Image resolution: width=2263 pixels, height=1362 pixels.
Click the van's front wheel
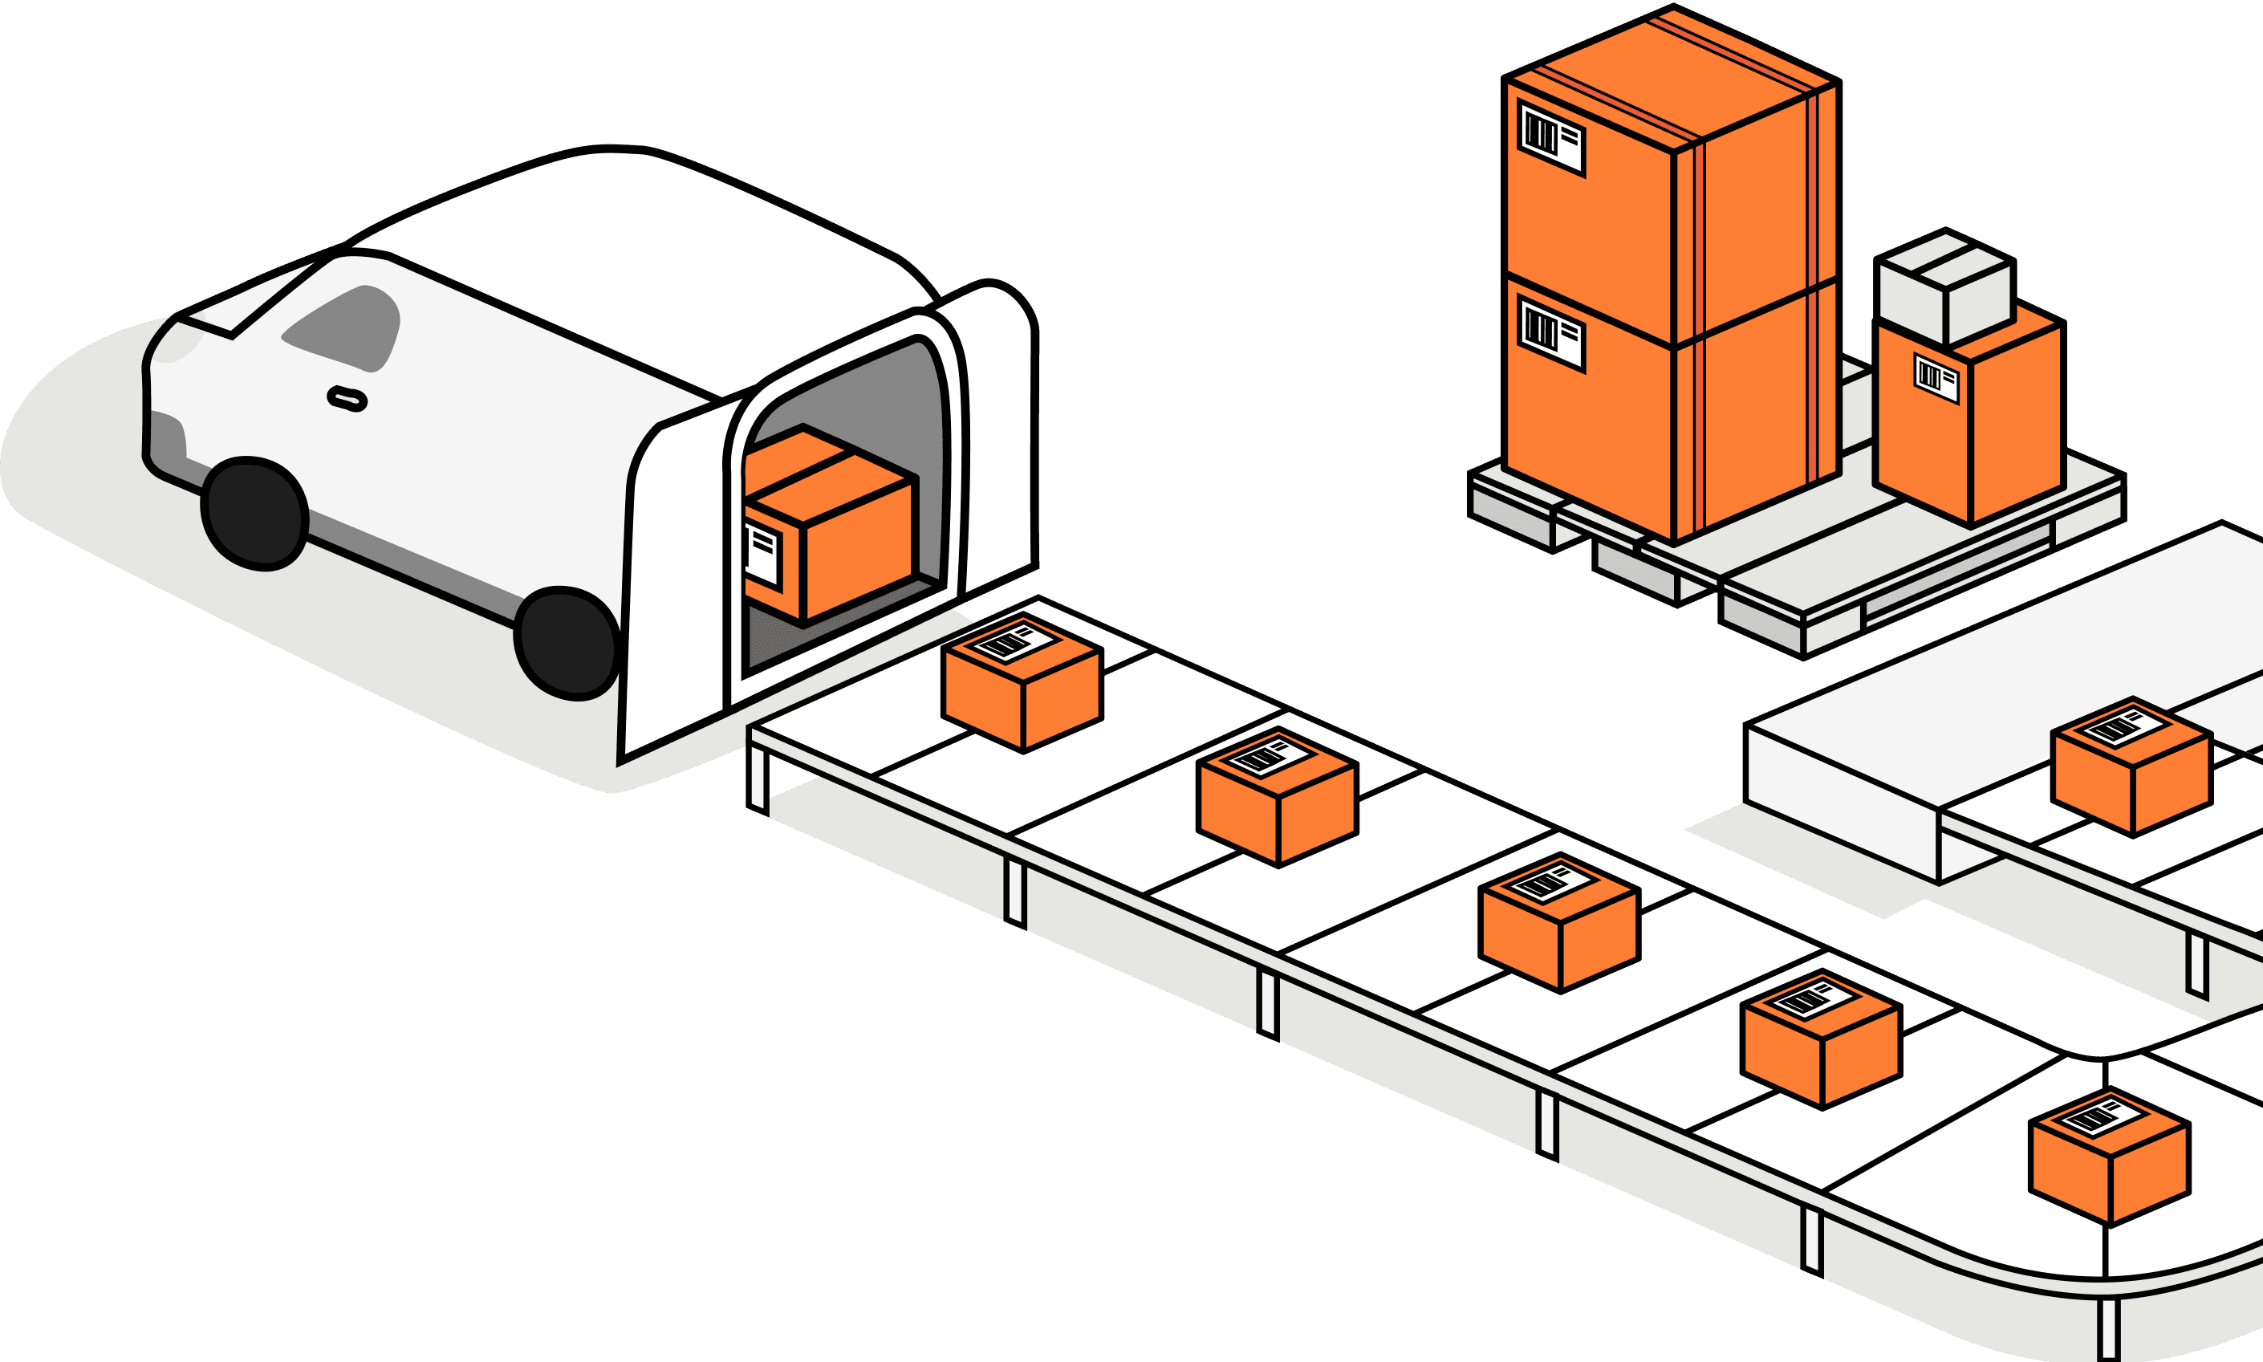pos(254,513)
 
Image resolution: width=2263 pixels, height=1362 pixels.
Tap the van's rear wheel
pos(567,641)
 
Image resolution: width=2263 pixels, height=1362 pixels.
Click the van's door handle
pos(347,398)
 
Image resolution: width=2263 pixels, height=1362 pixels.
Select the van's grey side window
pos(347,328)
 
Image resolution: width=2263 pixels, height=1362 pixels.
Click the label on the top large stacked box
pos(1552,138)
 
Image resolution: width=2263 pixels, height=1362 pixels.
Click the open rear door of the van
pos(675,587)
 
